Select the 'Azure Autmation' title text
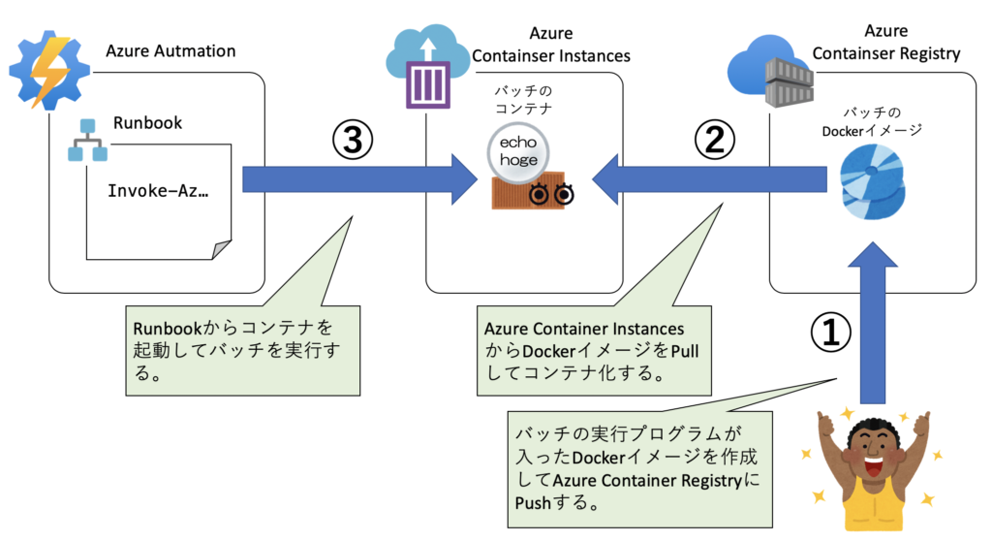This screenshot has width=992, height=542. pos(170,50)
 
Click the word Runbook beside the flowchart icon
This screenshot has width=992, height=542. pos(147,123)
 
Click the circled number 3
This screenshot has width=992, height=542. pos(353,143)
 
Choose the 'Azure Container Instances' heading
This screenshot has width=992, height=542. pos(550,46)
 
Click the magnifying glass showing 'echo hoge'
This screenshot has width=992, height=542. pos(519,153)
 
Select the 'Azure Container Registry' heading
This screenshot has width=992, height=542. pos(885,44)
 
